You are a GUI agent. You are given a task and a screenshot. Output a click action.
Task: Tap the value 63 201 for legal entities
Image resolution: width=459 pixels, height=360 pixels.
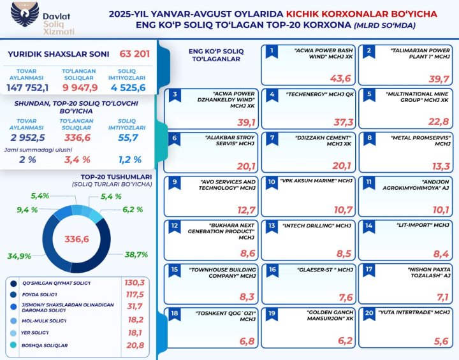click(135, 54)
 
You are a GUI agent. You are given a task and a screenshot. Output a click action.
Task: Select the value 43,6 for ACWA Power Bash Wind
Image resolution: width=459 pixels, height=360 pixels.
click(340, 78)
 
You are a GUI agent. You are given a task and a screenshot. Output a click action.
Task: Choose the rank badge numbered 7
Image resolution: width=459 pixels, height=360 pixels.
click(272, 137)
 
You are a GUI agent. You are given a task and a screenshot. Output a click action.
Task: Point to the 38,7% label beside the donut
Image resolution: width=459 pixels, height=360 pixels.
click(136, 254)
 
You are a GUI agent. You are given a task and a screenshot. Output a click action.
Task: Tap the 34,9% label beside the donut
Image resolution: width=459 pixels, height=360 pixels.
click(20, 256)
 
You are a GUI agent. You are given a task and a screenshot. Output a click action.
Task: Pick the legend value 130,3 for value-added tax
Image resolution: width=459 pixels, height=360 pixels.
click(135, 282)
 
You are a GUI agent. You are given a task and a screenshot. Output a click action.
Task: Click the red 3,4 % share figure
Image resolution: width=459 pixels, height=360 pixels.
click(78, 159)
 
